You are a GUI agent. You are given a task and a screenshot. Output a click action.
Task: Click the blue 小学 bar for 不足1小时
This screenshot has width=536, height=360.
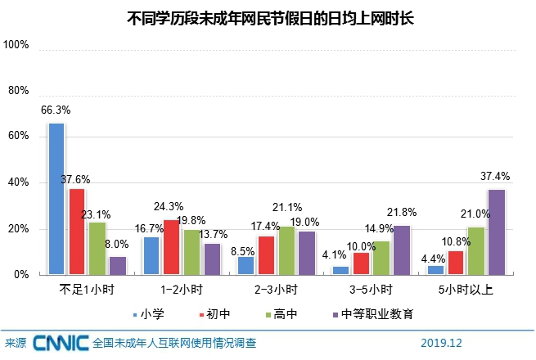click(x=56, y=199)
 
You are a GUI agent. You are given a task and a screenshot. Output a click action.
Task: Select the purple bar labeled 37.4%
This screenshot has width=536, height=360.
click(x=496, y=232)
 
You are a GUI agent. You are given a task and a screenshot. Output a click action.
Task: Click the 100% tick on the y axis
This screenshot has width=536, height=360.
click(x=16, y=46)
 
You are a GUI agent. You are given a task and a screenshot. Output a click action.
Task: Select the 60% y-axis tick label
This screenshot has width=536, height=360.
click(x=19, y=137)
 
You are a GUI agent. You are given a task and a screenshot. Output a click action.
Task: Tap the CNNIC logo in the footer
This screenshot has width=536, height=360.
click(x=61, y=343)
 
